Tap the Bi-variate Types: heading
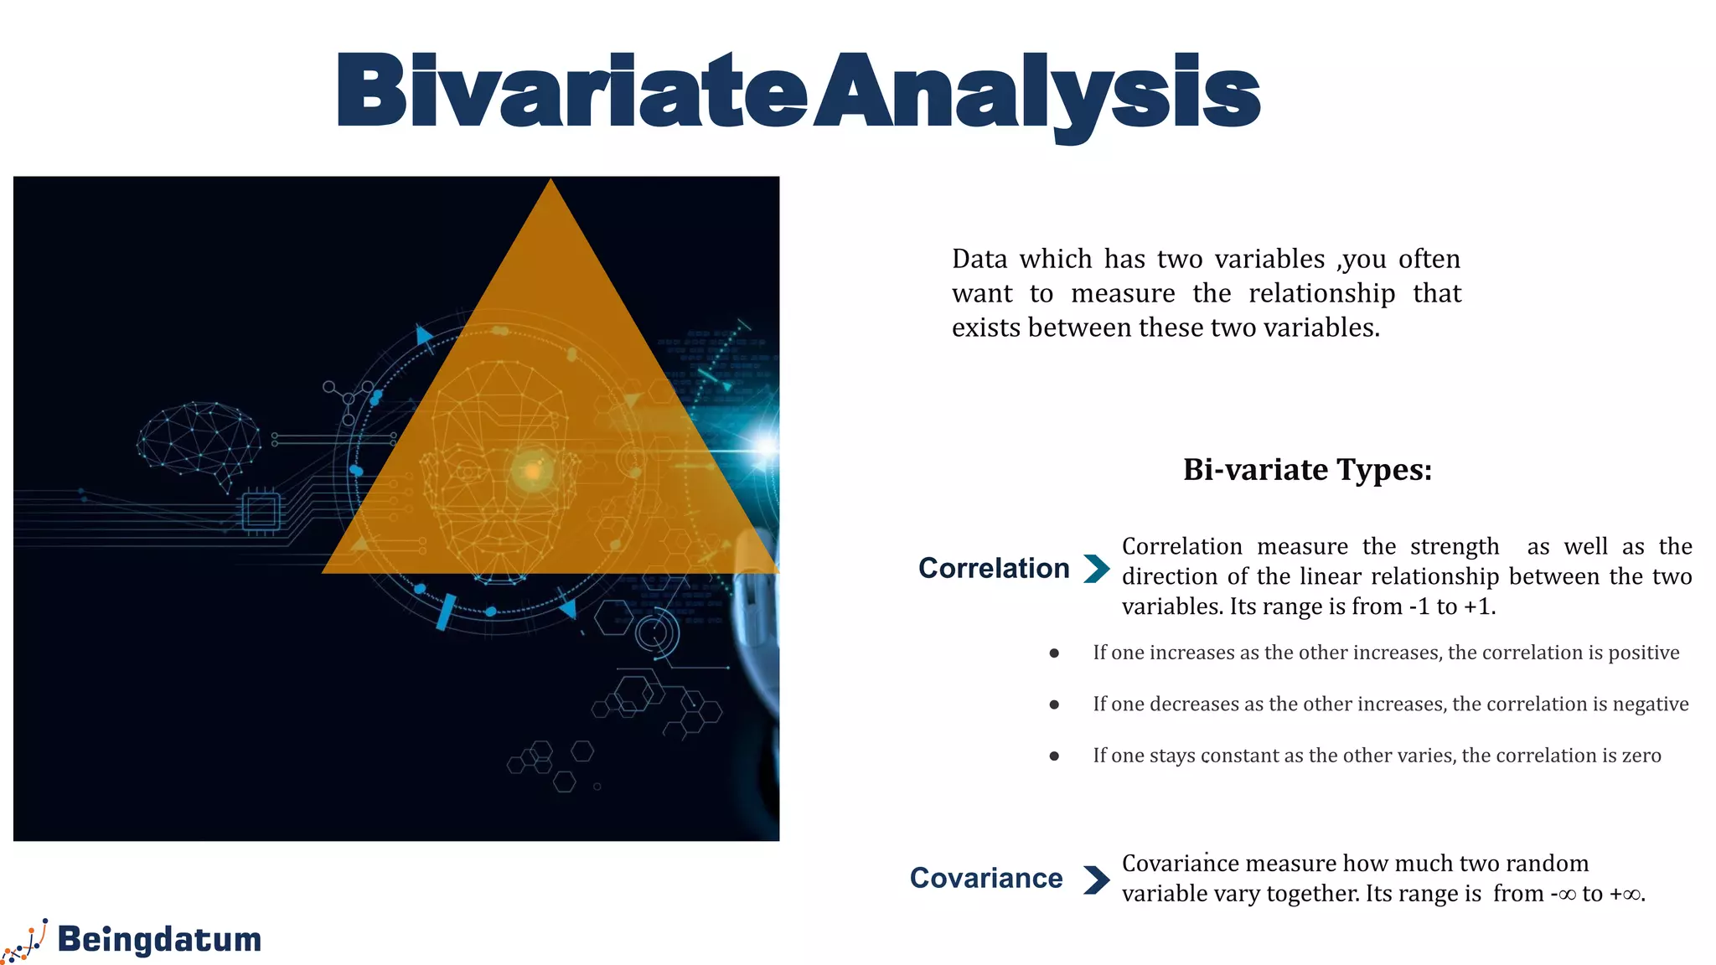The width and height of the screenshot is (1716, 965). coord(1307,470)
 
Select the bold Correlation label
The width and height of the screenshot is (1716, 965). coord(994,568)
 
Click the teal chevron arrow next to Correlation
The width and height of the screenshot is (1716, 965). coord(1096,569)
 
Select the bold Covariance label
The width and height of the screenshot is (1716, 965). coord(986,878)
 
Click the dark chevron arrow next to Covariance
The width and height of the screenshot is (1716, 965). coord(1096,880)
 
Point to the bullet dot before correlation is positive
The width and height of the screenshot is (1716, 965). coord(1054,653)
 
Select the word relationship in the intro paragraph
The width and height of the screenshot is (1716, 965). coord(1321,294)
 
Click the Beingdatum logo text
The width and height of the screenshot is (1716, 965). coord(159,940)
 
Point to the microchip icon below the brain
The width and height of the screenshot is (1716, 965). coord(261,510)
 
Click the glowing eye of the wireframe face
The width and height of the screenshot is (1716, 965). coord(532,472)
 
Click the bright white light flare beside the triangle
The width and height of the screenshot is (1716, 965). coord(766,446)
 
